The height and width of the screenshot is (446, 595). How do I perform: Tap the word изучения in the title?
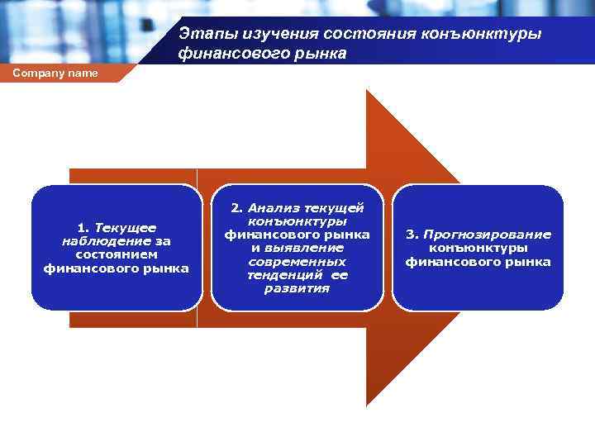coord(263,35)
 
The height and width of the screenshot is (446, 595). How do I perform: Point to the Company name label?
coord(55,74)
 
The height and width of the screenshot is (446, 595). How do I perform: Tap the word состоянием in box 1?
coord(117,254)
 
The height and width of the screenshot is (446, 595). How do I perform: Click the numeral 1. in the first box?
coord(83,227)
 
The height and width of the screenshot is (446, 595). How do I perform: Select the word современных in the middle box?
coord(297,262)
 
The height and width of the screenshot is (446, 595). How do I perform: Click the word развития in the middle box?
coord(297,288)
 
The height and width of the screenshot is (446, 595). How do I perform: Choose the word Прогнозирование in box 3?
coord(487,235)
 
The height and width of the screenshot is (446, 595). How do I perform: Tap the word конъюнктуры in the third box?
coord(478,248)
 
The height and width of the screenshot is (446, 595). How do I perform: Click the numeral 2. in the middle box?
coord(237,209)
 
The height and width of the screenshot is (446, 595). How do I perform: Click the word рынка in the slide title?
coord(318,55)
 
